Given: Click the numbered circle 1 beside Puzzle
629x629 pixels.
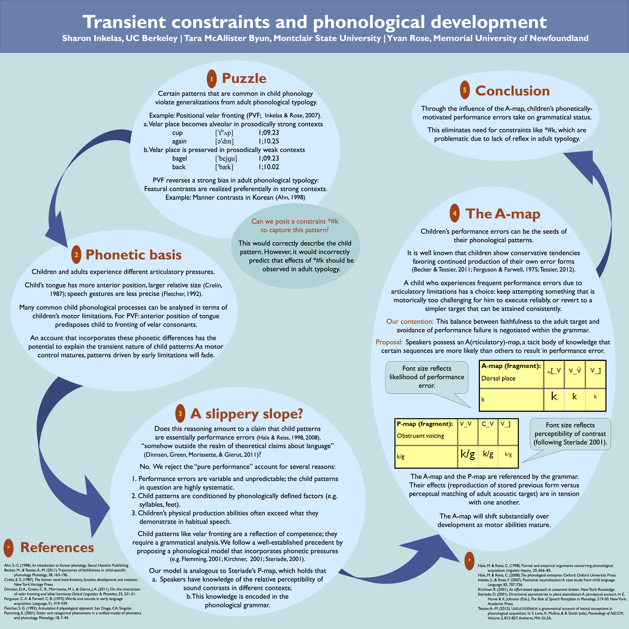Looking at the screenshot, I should tap(212, 79).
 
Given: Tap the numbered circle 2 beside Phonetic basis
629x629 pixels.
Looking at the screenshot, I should tap(76, 255).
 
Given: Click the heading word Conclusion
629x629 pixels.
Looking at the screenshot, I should tap(512, 91).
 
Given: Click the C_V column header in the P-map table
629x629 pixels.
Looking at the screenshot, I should tap(487, 424).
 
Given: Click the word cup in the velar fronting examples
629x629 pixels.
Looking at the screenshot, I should tap(177, 133).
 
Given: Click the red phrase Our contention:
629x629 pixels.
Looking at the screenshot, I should tap(410, 321).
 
